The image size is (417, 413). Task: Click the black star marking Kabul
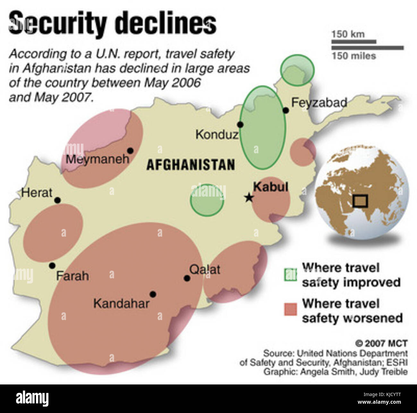tap(249, 198)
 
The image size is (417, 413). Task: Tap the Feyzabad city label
tap(319, 103)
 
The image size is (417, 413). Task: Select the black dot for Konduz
tap(240, 125)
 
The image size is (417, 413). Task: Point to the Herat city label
tap(37, 193)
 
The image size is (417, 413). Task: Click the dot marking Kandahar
tap(153, 294)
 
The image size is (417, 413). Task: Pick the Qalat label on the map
tap(205, 269)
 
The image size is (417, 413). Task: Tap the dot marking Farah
tap(52, 265)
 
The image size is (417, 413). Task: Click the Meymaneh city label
tap(98, 159)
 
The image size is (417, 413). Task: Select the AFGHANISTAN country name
tap(191, 165)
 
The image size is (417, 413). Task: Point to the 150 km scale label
tap(348, 34)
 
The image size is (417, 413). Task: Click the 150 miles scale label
tap(353, 56)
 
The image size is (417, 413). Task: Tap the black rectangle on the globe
tap(360, 201)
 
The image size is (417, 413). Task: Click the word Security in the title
tap(58, 23)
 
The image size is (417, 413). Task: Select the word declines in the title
tap(166, 23)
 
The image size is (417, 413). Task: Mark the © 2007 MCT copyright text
tap(381, 343)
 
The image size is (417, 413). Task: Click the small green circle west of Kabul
tap(207, 199)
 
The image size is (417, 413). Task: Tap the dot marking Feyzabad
tap(285, 111)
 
